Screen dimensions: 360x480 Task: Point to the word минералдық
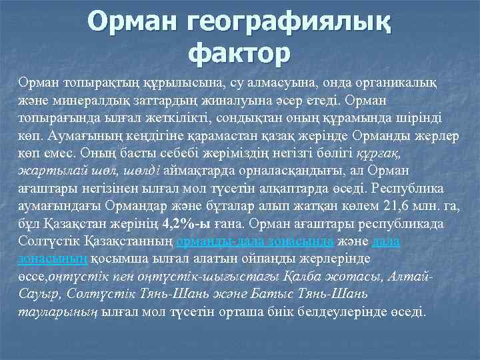(83, 99)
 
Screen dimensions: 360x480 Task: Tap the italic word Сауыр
(37, 294)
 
